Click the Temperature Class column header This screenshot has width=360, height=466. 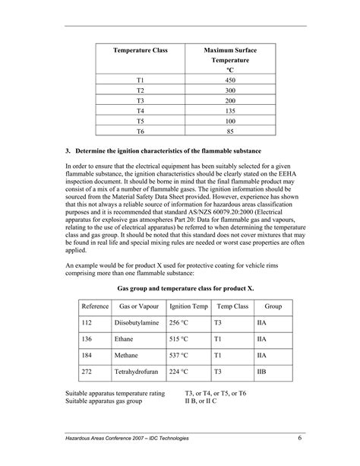click(141, 51)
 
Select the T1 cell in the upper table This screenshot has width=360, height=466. click(140, 81)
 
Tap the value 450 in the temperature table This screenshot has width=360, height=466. click(230, 81)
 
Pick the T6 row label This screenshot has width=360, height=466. click(140, 132)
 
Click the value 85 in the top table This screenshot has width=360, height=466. click(230, 132)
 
